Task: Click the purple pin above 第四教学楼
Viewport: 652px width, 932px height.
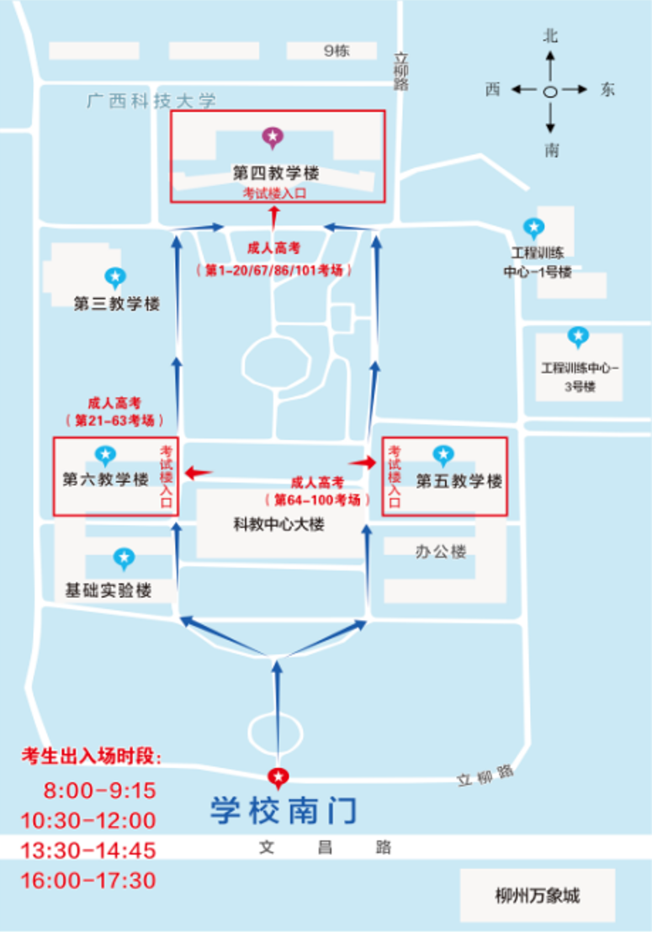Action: (272, 137)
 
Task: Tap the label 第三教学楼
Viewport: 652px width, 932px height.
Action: (117, 304)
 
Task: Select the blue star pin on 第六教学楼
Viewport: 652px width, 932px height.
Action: (105, 456)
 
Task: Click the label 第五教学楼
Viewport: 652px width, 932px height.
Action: (459, 482)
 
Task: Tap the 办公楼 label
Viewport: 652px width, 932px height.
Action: (440, 552)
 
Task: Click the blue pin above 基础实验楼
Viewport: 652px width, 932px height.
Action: (124, 558)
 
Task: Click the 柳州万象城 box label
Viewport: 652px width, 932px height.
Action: (538, 895)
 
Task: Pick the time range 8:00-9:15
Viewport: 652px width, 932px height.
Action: (99, 792)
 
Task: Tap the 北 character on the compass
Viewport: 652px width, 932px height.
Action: (550, 36)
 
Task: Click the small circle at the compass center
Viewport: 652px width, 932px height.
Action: (550, 91)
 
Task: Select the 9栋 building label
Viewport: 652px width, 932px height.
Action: (337, 51)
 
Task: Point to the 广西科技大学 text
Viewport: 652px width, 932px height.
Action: (152, 102)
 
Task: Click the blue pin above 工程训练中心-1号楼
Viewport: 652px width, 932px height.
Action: (533, 227)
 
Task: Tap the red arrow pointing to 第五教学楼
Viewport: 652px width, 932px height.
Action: (363, 463)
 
